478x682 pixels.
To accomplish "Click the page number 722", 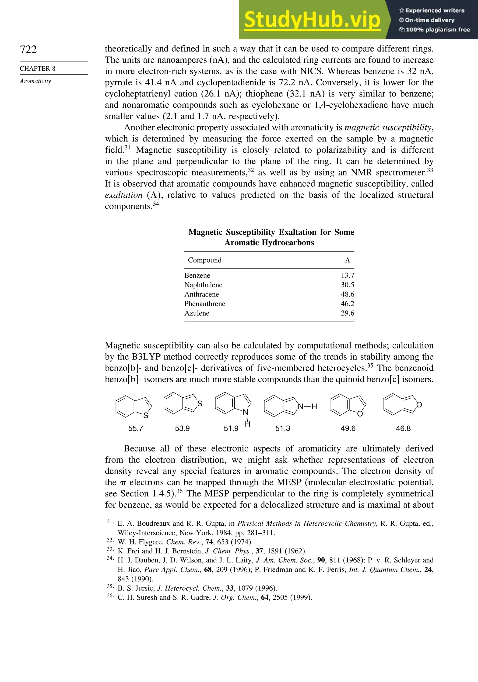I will (x=28, y=49).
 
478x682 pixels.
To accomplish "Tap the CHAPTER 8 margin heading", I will (x=38, y=69).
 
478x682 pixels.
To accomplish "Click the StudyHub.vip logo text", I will (x=312, y=21).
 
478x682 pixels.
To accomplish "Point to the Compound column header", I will (x=205, y=260).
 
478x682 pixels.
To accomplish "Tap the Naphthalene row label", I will (x=203, y=285).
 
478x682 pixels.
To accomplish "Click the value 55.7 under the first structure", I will (x=136, y=428).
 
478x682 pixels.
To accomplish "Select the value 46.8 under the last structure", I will (x=403, y=428).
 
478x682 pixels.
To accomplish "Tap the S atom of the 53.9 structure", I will (x=200, y=404).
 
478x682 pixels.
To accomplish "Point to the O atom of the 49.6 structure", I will (x=360, y=414).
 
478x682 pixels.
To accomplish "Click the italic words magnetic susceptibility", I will (x=388, y=127).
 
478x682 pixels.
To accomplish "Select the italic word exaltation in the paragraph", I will (x=123, y=195).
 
